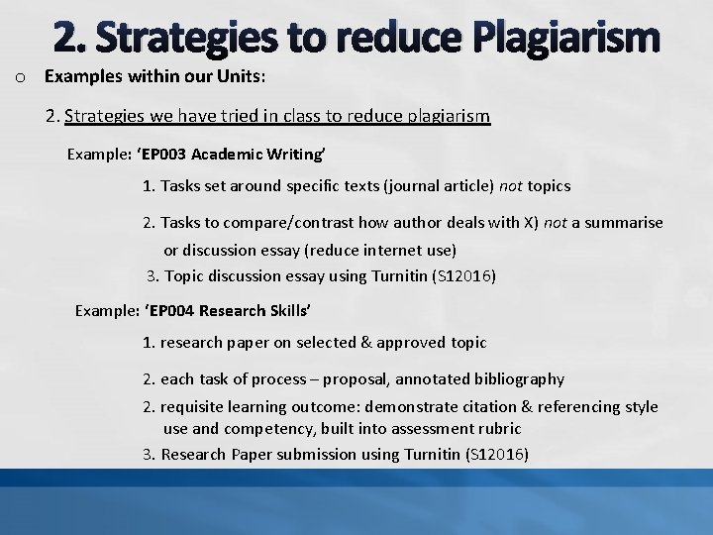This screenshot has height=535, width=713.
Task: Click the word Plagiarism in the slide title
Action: pyautogui.click(x=566, y=37)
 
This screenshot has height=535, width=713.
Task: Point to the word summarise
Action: pyautogui.click(x=625, y=223)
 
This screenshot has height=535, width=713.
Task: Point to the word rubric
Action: pyautogui.click(x=499, y=429)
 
